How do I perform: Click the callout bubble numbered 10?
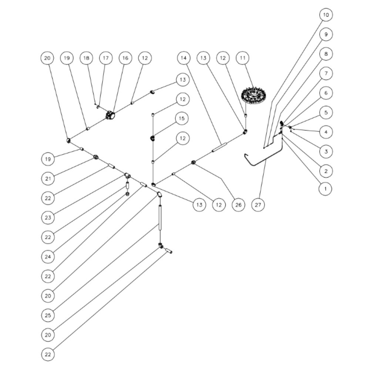click(326, 15)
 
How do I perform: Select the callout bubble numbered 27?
click(258, 205)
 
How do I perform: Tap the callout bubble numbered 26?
click(238, 205)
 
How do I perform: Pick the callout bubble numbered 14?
click(184, 58)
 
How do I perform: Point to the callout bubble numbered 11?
click(243, 58)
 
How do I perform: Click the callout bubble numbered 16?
click(125, 58)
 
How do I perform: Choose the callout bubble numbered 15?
click(182, 118)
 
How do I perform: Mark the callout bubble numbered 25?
click(48, 315)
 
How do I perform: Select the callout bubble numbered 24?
click(48, 257)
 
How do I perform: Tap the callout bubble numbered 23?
click(48, 218)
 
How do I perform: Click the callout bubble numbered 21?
click(48, 179)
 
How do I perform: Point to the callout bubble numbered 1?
click(325, 189)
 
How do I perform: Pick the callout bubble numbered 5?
click(326, 112)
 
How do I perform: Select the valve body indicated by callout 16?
click(110, 115)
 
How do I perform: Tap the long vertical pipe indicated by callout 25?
click(160, 218)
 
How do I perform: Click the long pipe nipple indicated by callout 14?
click(219, 147)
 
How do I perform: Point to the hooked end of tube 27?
click(246, 155)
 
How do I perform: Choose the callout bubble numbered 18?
click(86, 58)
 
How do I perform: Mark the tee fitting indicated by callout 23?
click(128, 175)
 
